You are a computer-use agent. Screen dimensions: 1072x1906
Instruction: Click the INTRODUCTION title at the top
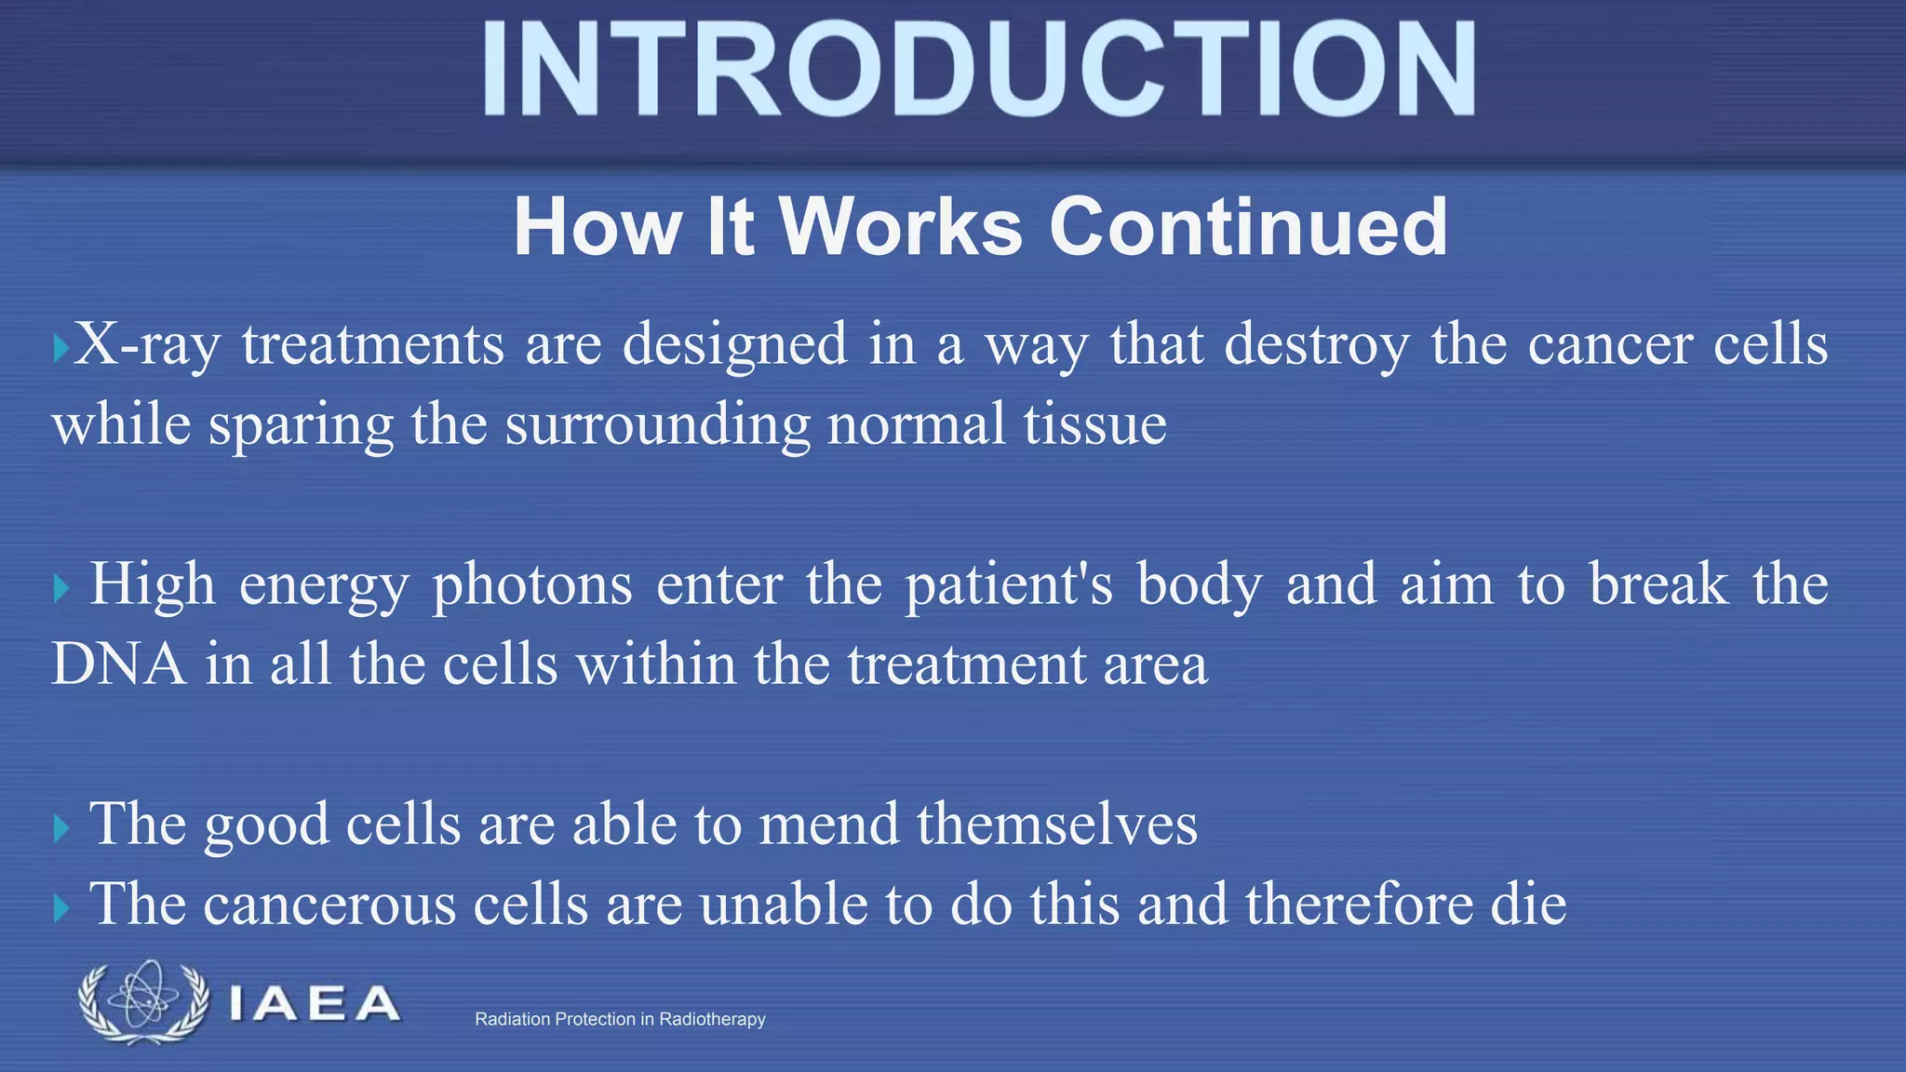click(x=977, y=70)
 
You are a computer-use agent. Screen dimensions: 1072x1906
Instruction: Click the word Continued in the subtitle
click(x=1248, y=227)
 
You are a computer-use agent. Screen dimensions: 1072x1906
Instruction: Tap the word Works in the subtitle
click(x=900, y=227)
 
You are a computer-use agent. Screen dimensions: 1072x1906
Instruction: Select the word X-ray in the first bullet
click(x=146, y=345)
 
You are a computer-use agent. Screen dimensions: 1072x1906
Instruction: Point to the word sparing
click(x=301, y=425)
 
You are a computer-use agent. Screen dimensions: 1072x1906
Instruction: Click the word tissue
click(x=1094, y=424)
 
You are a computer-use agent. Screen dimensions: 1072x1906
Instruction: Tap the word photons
click(x=532, y=585)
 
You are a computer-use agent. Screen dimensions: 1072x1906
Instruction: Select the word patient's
click(x=1009, y=585)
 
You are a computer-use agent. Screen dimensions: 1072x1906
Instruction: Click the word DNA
click(x=117, y=664)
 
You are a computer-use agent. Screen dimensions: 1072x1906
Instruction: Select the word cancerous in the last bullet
click(x=329, y=904)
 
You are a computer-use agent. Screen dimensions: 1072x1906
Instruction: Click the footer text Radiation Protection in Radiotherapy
click(x=620, y=1019)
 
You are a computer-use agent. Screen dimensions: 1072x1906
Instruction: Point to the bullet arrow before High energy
click(x=61, y=588)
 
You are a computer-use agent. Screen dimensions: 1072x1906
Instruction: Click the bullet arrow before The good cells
click(x=61, y=827)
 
